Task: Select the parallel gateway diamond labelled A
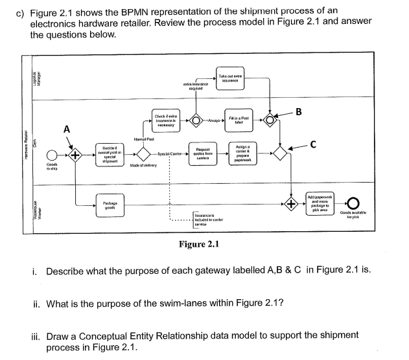click(76, 155)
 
